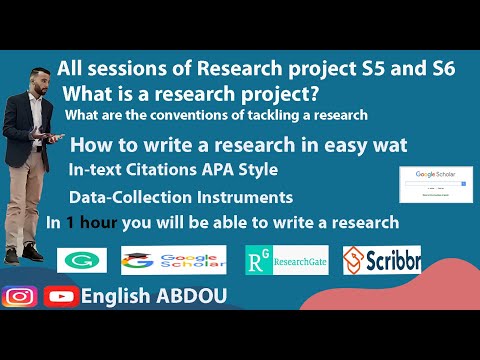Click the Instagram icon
pos(19,297)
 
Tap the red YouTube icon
pos(61,297)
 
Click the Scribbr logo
pos(381,261)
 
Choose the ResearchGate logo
pos(285,261)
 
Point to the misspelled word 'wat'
pos(387,144)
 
